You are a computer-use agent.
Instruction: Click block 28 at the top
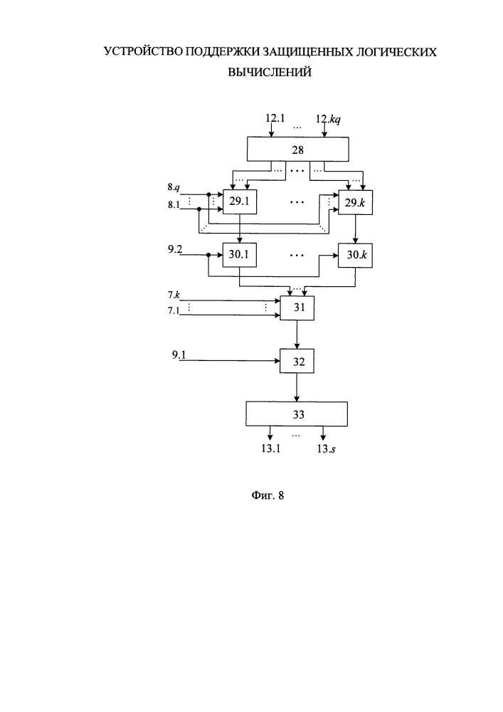297,150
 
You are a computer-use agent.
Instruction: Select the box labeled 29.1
240,201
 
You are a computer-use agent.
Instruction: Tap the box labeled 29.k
356,202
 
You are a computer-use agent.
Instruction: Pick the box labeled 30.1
240,255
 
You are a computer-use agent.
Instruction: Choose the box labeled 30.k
356,255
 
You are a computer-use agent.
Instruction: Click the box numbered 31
297,308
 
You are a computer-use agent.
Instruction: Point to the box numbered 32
297,362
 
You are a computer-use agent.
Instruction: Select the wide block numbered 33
297,414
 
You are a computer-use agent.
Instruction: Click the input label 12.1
275,118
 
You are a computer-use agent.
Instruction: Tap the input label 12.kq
329,120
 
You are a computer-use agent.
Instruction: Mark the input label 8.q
174,187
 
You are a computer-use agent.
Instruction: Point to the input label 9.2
175,248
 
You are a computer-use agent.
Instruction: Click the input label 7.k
174,295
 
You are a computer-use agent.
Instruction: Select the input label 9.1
179,355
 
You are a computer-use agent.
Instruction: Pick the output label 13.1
271,449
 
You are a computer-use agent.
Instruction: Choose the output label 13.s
326,449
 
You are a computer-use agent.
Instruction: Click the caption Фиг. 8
268,496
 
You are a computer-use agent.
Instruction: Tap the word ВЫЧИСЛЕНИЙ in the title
270,72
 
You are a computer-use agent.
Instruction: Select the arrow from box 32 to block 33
297,387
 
